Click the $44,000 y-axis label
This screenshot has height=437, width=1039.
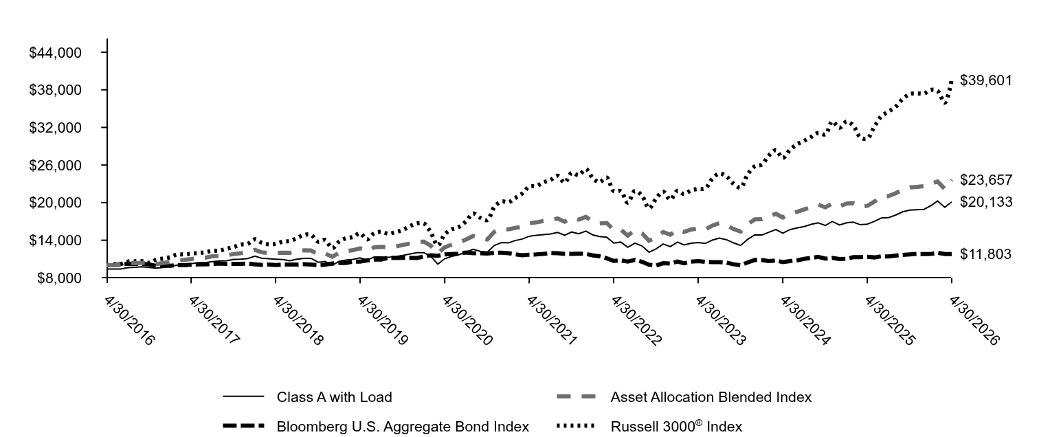click(55, 52)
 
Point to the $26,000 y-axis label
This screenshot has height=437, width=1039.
click(55, 165)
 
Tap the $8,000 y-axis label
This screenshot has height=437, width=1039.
click(59, 278)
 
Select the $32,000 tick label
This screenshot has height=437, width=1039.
click(55, 128)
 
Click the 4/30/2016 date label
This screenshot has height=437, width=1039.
click(130, 321)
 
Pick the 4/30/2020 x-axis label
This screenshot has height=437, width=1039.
click(467, 321)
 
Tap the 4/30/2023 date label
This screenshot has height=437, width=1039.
click(721, 321)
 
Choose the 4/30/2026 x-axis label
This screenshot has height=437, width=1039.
click(974, 321)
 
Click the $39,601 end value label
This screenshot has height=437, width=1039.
click(985, 80)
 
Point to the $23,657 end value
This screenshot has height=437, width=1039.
click(985, 179)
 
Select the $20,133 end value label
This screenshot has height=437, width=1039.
click(985, 202)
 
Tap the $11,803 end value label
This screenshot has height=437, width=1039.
click(985, 254)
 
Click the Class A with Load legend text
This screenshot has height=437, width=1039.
click(335, 397)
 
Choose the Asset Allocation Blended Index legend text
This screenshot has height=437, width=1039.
click(711, 397)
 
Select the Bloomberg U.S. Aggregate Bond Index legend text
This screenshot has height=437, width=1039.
click(403, 426)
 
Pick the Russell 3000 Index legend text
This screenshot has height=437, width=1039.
click(676, 426)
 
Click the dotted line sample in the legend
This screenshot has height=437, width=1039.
click(576, 425)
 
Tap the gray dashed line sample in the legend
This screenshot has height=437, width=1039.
click(576, 396)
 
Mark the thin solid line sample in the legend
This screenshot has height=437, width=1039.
click(243, 396)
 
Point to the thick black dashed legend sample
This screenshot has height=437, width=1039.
click(243, 425)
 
